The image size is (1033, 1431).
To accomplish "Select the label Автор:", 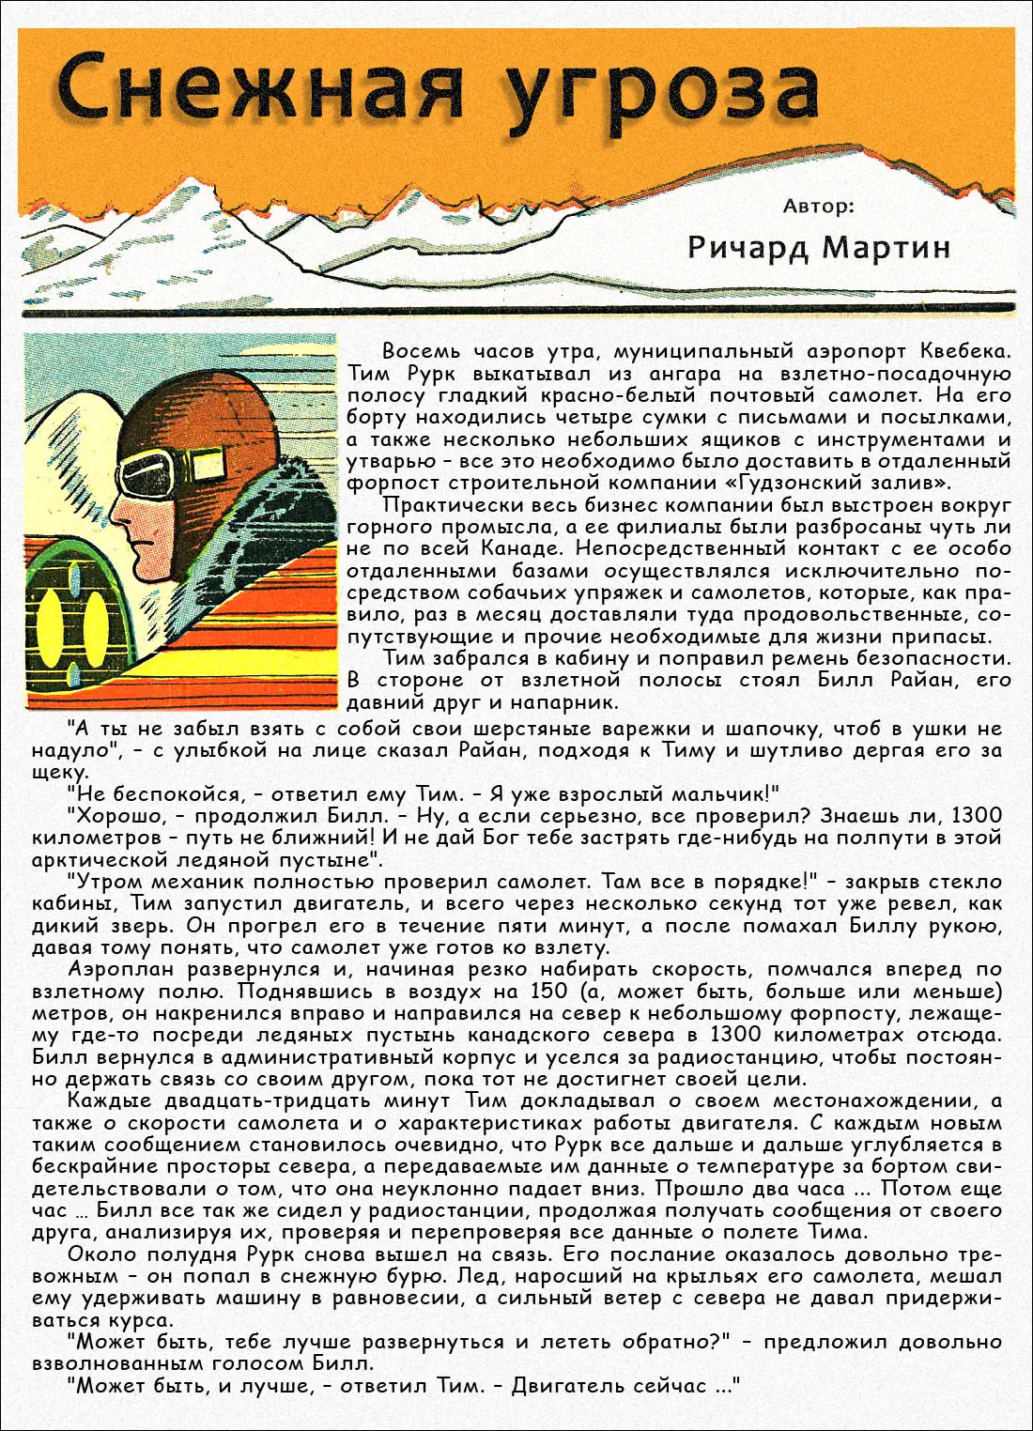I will [819, 206].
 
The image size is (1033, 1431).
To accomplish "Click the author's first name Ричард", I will [748, 247].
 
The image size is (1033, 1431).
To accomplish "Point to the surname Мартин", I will [887, 247].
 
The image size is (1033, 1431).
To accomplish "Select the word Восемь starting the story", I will [422, 352].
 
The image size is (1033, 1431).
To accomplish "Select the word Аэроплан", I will [121, 970].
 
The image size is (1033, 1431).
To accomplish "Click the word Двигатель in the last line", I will [563, 1386].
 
